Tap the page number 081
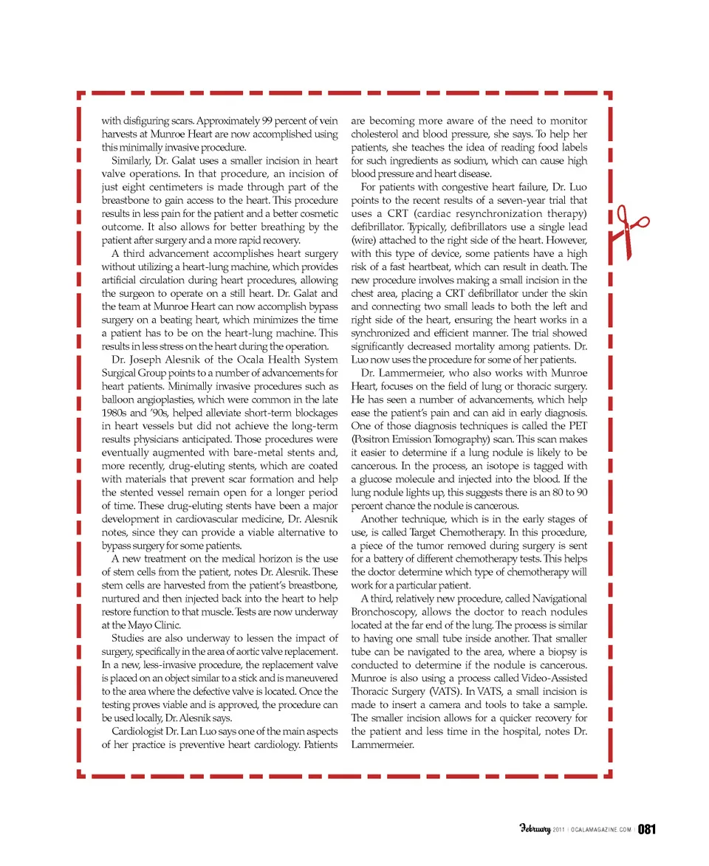tap(647, 829)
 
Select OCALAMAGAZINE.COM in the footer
tap(599, 830)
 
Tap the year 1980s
tap(115, 413)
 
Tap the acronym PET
tap(578, 426)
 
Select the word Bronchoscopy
tap(386, 611)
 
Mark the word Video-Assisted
tap(550, 678)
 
